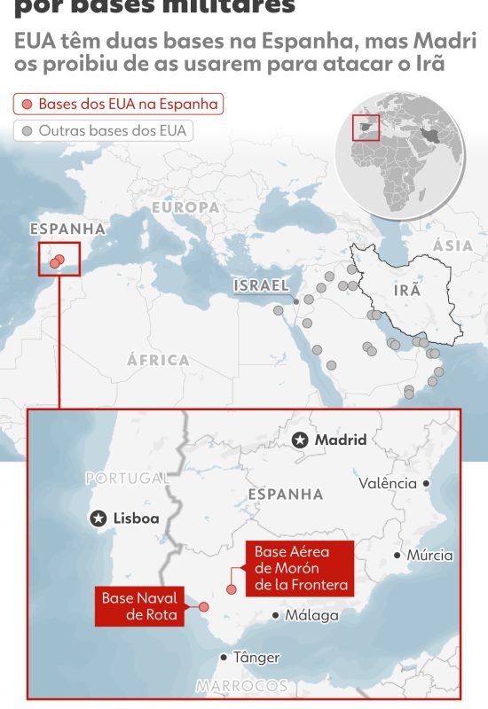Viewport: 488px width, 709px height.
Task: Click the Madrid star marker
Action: [x=301, y=440]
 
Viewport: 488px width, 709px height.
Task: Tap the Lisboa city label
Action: [x=136, y=518]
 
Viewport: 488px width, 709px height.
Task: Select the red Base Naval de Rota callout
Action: [x=140, y=606]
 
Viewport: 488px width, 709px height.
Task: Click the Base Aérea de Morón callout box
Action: [x=301, y=568]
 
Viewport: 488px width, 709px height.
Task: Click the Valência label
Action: [x=388, y=484]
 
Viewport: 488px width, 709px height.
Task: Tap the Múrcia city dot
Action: [x=397, y=556]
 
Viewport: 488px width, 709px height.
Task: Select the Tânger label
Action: [x=256, y=658]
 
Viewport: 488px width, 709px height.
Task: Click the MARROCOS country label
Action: [x=241, y=686]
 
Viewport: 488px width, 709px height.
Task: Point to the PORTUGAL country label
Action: [x=127, y=479]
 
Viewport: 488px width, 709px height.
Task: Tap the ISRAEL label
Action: [x=261, y=285]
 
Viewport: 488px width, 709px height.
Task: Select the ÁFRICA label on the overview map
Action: [x=158, y=361]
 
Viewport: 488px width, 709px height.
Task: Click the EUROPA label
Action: [x=185, y=207]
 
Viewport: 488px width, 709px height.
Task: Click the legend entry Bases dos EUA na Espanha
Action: [x=118, y=104]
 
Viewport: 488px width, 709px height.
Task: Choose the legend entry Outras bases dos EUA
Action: [x=104, y=130]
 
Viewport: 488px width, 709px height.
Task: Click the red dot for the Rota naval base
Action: [x=203, y=607]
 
